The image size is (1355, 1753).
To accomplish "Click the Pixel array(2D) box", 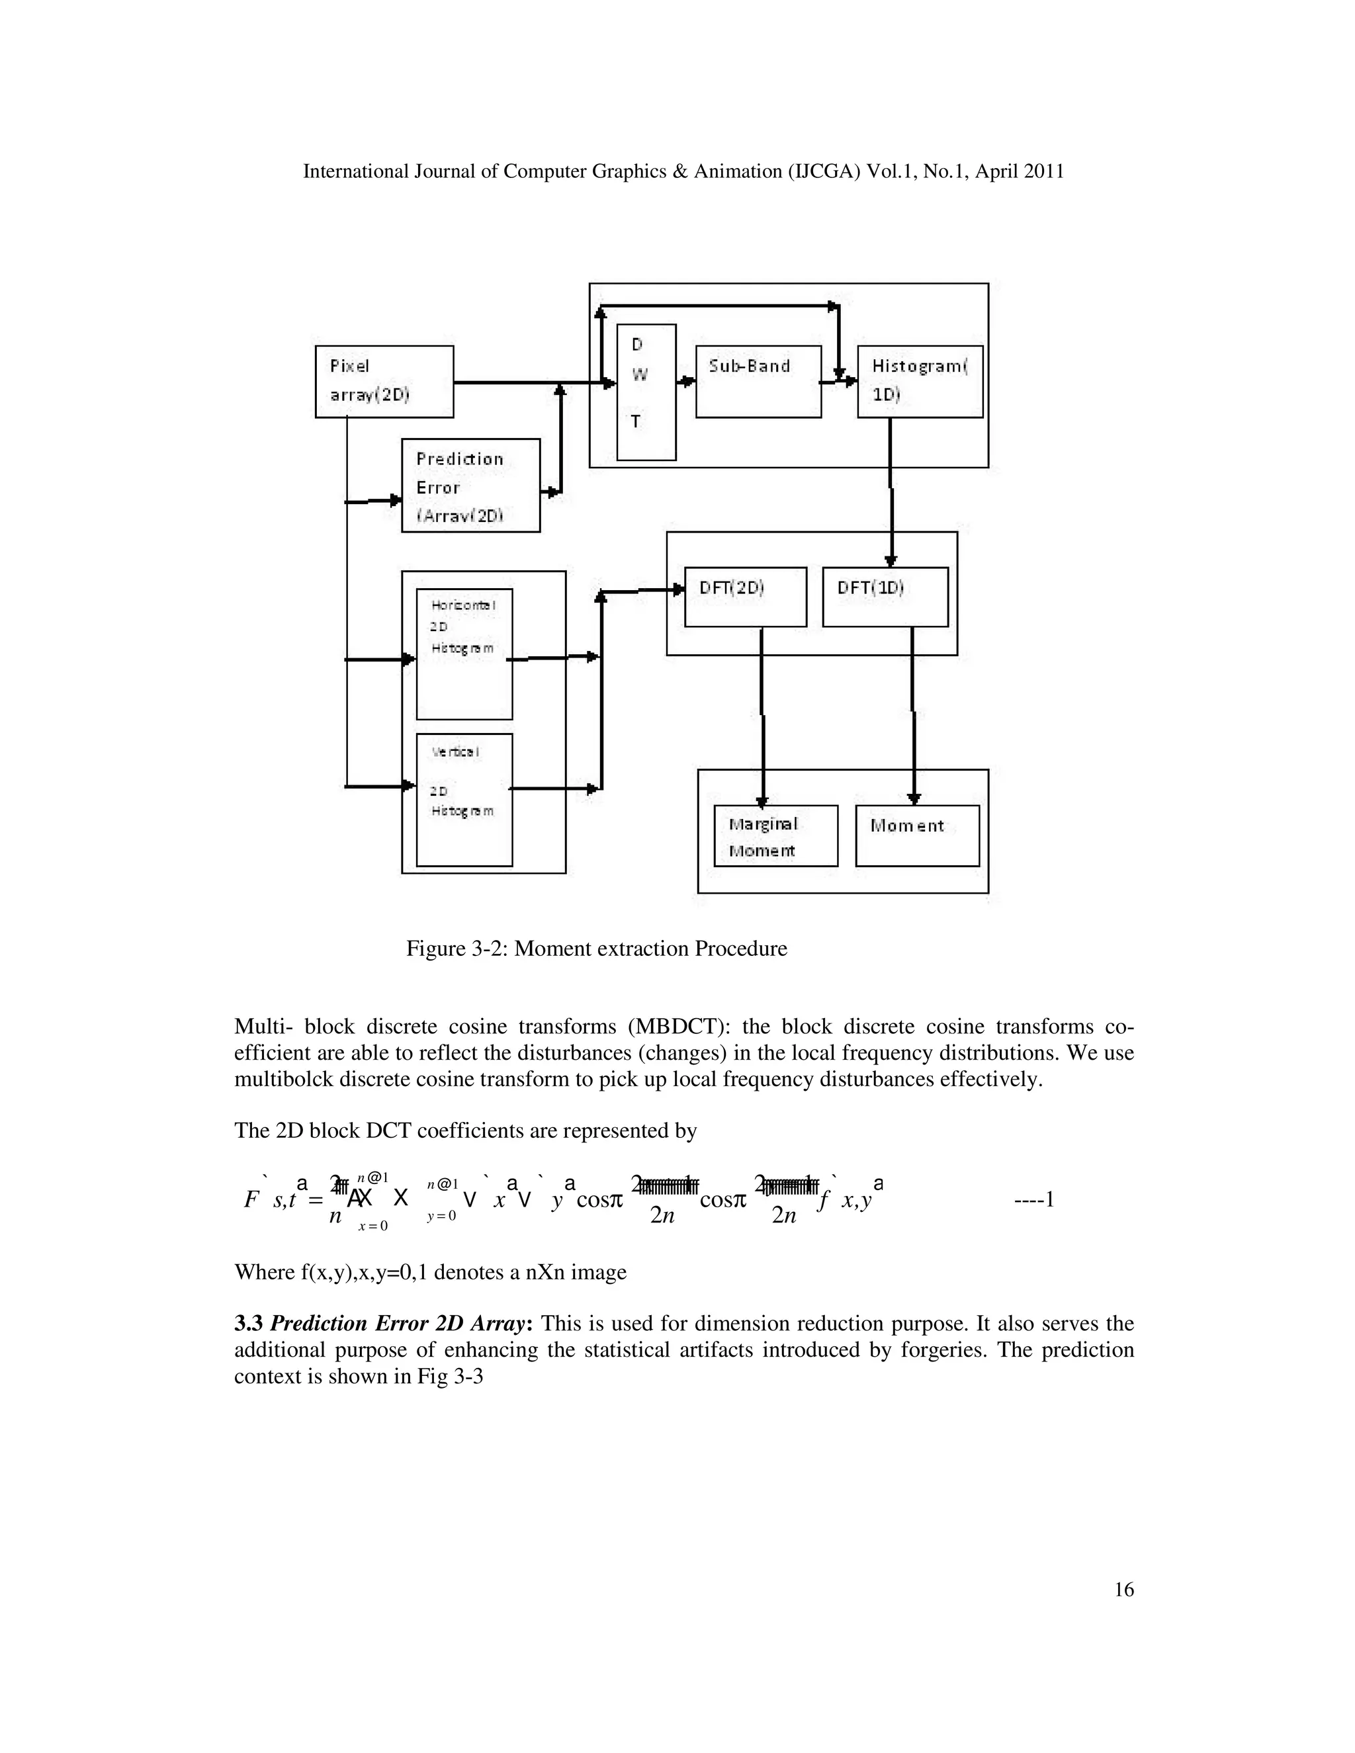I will pyautogui.click(x=384, y=381).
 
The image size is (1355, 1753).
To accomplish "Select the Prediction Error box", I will pyautogui.click(x=470, y=485).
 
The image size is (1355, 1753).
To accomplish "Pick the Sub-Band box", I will pyautogui.click(x=758, y=381).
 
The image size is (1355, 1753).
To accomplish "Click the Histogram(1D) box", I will pyautogui.click(x=920, y=381).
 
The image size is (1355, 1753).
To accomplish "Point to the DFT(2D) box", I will pyautogui.click(x=745, y=597).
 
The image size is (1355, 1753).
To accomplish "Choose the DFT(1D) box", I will pyautogui.click(x=885, y=597).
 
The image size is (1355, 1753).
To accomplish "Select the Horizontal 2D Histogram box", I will pyautogui.click(x=464, y=654).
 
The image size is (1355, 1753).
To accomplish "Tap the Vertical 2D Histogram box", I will pyautogui.click(x=464, y=800).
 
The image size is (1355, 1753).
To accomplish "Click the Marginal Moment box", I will pyautogui.click(x=775, y=835).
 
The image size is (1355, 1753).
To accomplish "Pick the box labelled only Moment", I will pyautogui.click(x=917, y=835).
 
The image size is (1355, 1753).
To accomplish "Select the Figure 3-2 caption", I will pyautogui.click(x=596, y=949).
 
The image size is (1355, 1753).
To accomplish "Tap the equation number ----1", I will pyautogui.click(x=1034, y=1199).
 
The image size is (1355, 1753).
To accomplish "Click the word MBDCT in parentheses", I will pyautogui.click(x=678, y=1027).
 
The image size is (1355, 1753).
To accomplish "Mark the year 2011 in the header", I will pyautogui.click(x=1043, y=171).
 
